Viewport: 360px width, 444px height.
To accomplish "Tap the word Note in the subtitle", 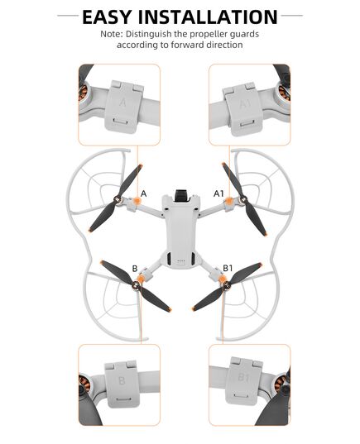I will click(113, 34).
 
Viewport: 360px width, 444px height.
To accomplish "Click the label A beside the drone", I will click(144, 193).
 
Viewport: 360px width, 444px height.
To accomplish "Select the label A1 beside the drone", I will click(219, 193).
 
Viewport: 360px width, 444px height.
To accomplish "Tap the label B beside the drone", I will click(135, 267).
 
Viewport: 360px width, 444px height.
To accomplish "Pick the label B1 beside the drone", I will click(229, 267).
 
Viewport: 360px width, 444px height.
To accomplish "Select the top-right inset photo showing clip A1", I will click(248, 104).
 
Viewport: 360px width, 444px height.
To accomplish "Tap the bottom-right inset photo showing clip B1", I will click(248, 384).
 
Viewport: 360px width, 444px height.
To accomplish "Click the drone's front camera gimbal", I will click(180, 198).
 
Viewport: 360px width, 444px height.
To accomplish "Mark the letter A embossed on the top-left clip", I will click(123, 104).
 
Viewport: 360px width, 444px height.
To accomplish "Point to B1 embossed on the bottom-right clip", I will click(245, 378).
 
